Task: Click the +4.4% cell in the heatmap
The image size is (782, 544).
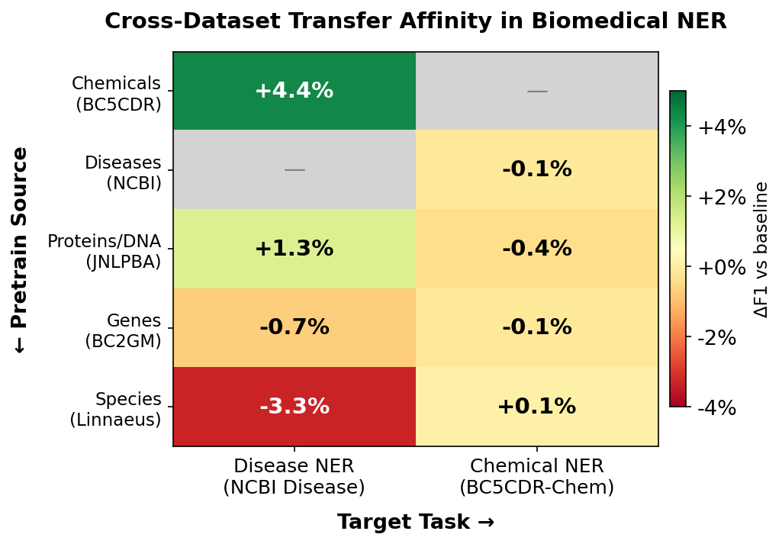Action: [294, 91]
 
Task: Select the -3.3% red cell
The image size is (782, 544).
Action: [294, 407]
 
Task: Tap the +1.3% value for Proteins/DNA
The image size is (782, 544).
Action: [294, 249]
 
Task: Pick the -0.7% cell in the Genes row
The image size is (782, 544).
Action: [294, 327]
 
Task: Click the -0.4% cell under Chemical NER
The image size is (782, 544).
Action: [536, 249]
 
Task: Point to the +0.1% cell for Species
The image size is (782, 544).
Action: [536, 407]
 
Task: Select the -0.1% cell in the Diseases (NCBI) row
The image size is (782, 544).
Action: [536, 169]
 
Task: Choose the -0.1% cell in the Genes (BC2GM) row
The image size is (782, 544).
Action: [536, 327]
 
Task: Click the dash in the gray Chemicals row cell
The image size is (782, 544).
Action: [537, 92]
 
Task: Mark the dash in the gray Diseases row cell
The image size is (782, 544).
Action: [294, 170]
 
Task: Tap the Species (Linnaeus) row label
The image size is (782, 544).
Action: [116, 410]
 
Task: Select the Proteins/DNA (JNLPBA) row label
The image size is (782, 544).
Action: [105, 252]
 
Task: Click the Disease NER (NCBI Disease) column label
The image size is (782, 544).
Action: [294, 477]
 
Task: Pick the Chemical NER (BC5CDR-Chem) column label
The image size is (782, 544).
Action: [536, 477]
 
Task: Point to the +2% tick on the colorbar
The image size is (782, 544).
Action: [721, 198]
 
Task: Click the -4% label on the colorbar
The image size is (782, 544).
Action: [716, 408]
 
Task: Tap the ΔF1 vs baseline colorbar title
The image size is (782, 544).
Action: [761, 249]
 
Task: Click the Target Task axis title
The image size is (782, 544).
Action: [416, 523]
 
